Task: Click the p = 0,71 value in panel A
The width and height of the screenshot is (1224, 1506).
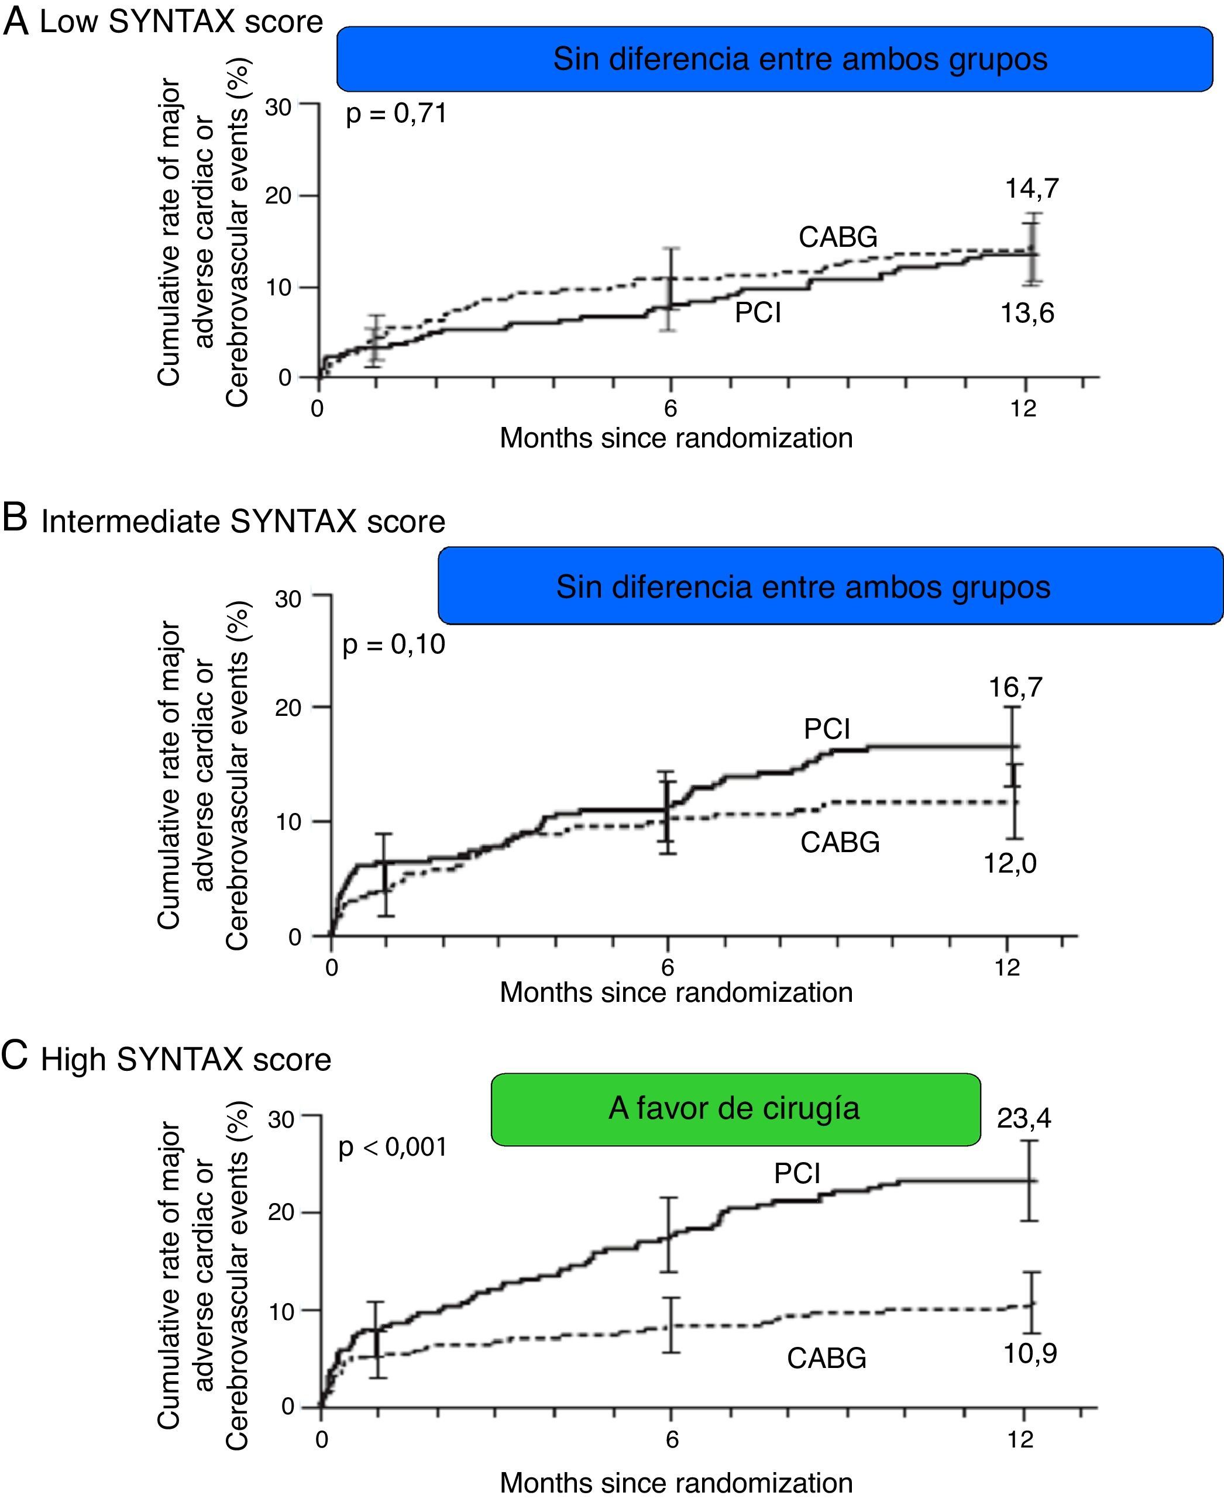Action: pyautogui.click(x=396, y=113)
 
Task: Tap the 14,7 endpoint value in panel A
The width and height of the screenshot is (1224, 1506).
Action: pyautogui.click(x=1032, y=188)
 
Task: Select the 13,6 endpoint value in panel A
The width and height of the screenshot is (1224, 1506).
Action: pyautogui.click(x=1027, y=313)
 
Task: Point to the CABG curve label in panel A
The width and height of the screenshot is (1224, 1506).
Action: pyautogui.click(x=838, y=237)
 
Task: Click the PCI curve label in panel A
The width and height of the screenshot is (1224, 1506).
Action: pyautogui.click(x=758, y=312)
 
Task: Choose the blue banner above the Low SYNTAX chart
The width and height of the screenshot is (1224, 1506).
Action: pyautogui.click(x=774, y=59)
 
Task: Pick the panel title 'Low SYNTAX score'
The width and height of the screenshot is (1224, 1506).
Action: pyautogui.click(x=180, y=22)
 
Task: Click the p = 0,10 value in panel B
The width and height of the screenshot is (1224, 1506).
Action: pyautogui.click(x=393, y=644)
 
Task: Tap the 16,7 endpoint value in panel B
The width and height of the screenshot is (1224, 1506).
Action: pyautogui.click(x=1015, y=687)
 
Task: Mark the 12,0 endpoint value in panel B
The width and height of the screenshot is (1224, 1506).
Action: pyautogui.click(x=1010, y=863)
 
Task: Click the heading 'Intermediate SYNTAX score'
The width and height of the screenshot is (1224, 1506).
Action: pyautogui.click(x=243, y=522)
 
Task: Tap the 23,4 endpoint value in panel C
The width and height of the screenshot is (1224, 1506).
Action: pyautogui.click(x=1023, y=1118)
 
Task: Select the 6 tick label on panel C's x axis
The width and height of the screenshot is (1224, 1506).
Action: pyautogui.click(x=672, y=1438)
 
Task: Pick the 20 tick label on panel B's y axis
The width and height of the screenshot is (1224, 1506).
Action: pyautogui.click(x=288, y=708)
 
